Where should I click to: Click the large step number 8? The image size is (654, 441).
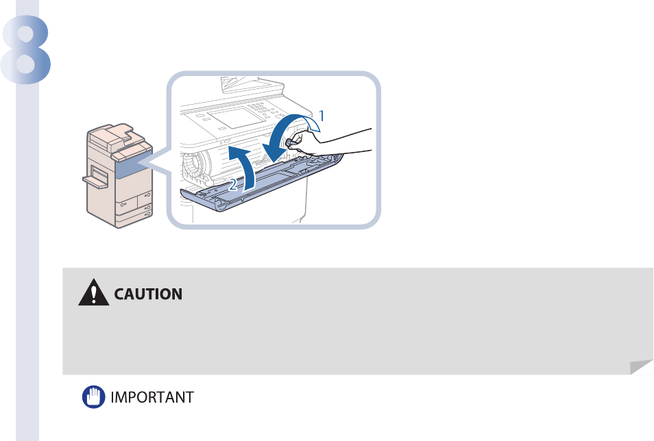pyautogui.click(x=27, y=49)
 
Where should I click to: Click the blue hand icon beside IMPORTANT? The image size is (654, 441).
pyautogui.click(x=91, y=396)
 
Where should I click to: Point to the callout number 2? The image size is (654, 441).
pyautogui.click(x=234, y=184)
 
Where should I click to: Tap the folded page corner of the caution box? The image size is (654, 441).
pyautogui.click(x=641, y=367)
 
